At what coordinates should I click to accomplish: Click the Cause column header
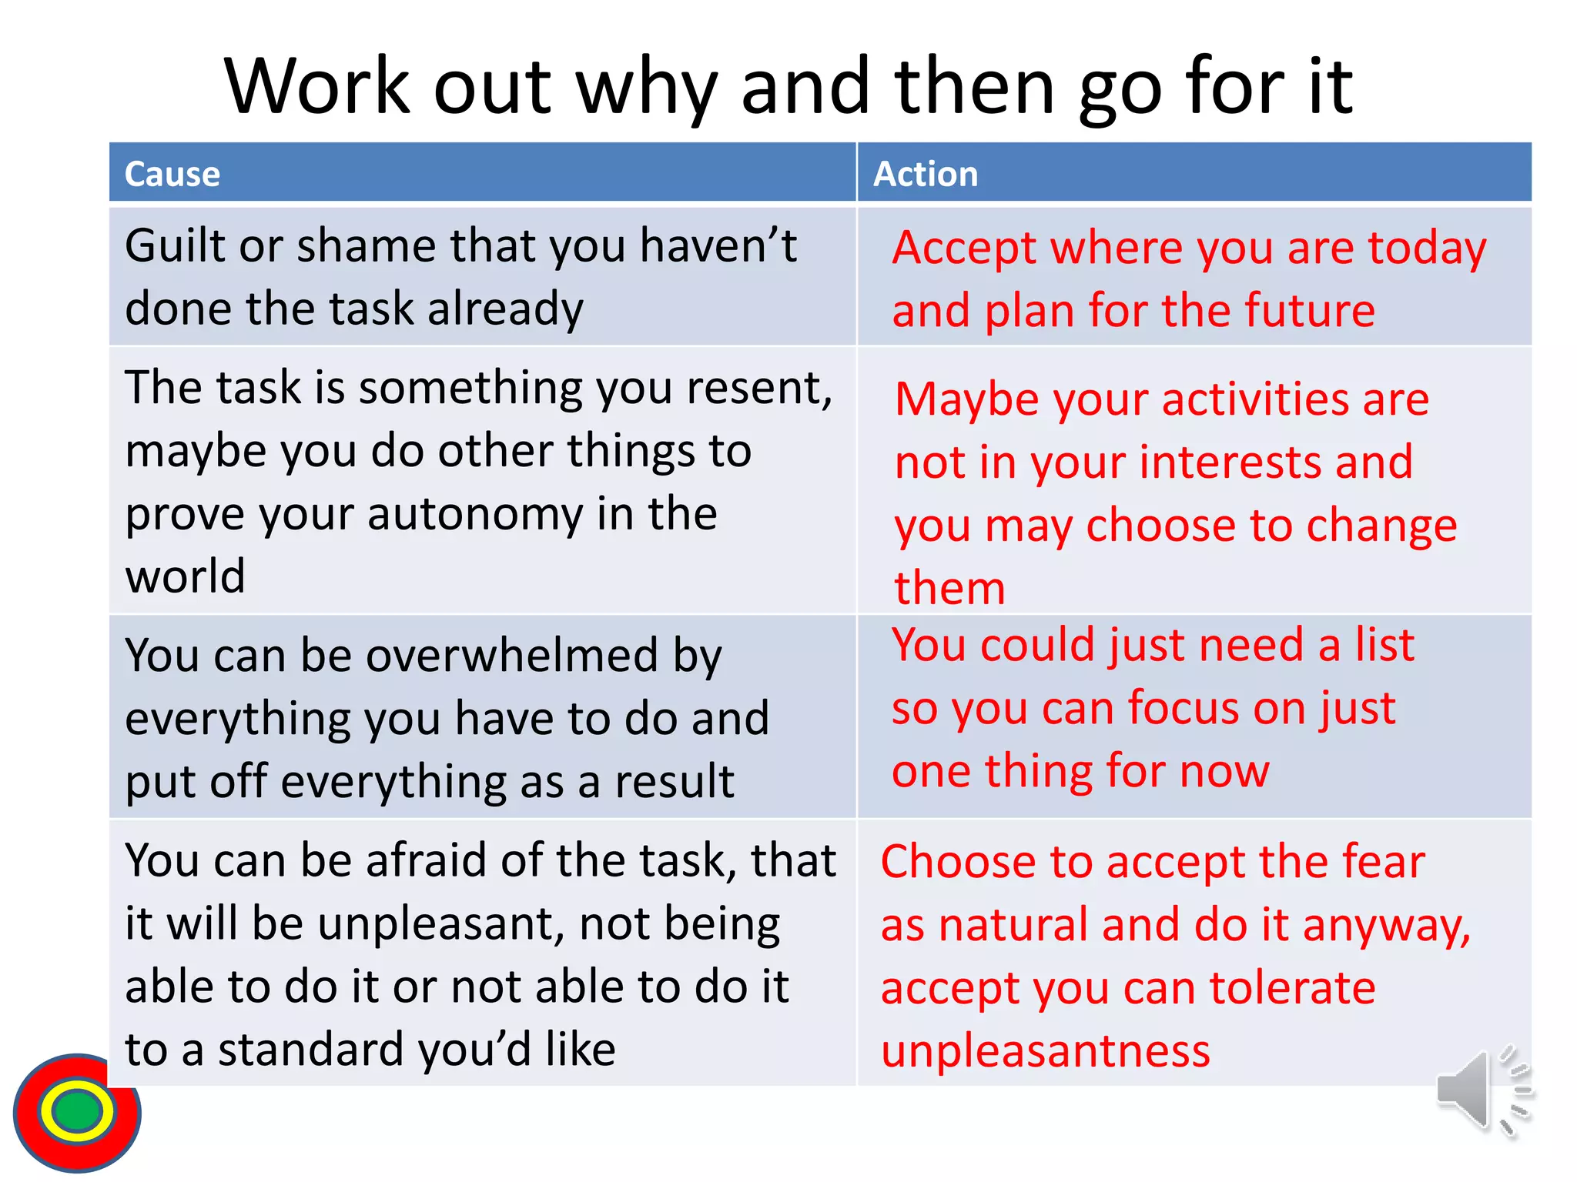click(x=172, y=174)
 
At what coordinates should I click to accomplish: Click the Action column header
click(x=926, y=174)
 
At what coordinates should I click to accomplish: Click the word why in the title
click(x=646, y=88)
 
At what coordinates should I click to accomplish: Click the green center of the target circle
click(x=76, y=1111)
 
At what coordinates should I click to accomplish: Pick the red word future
click(x=1309, y=311)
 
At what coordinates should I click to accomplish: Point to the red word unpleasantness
click(x=1045, y=1051)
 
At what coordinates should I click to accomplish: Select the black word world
click(x=185, y=576)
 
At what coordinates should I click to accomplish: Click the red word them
click(x=949, y=589)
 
